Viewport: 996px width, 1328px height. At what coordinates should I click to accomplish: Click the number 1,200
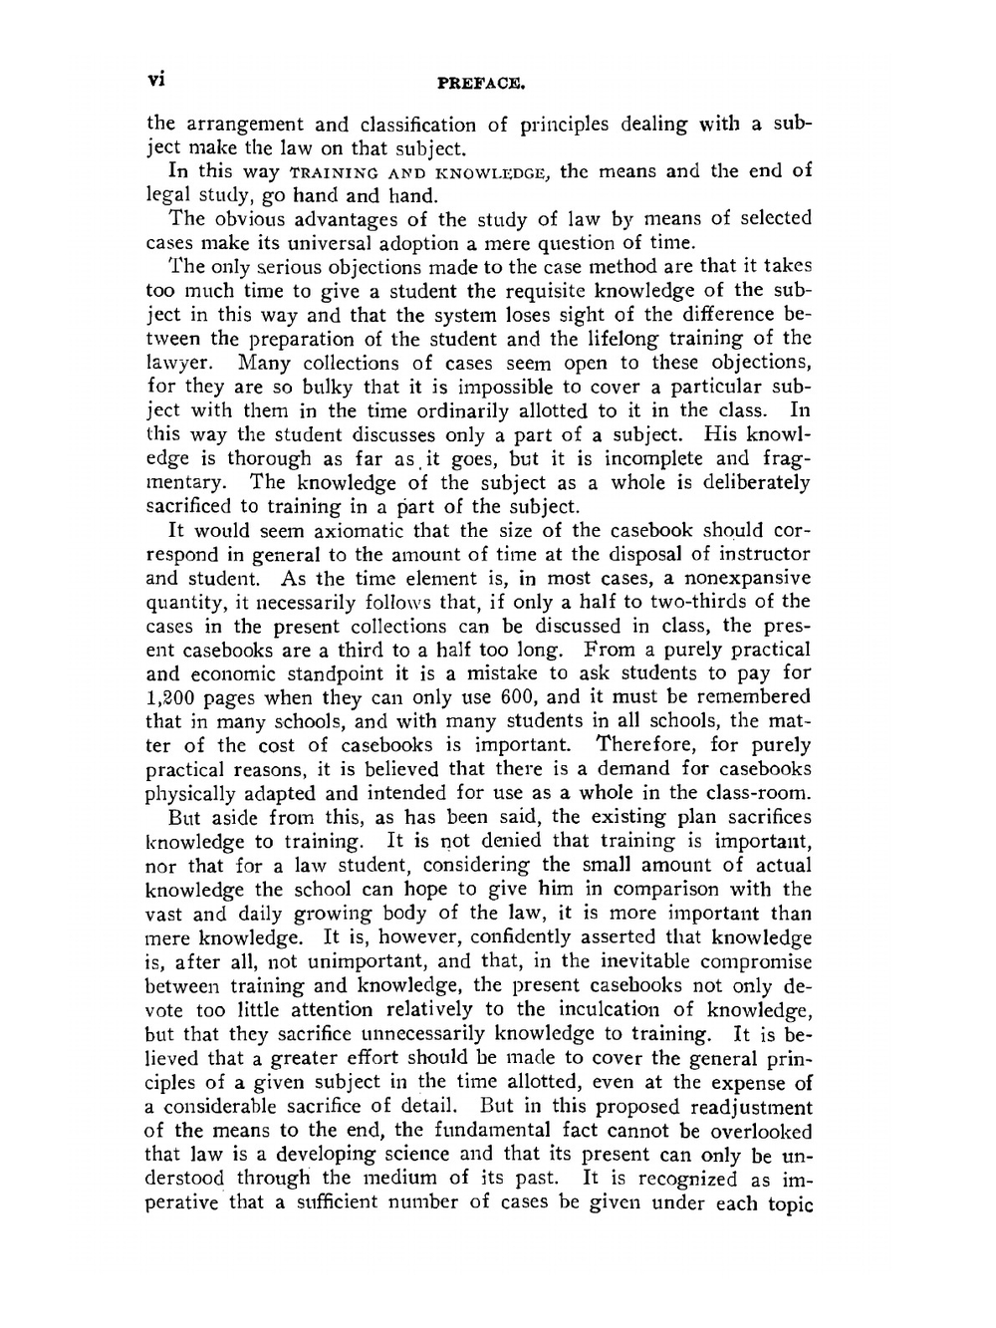coord(175,697)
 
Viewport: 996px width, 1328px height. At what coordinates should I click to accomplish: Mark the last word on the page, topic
coord(791,1203)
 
